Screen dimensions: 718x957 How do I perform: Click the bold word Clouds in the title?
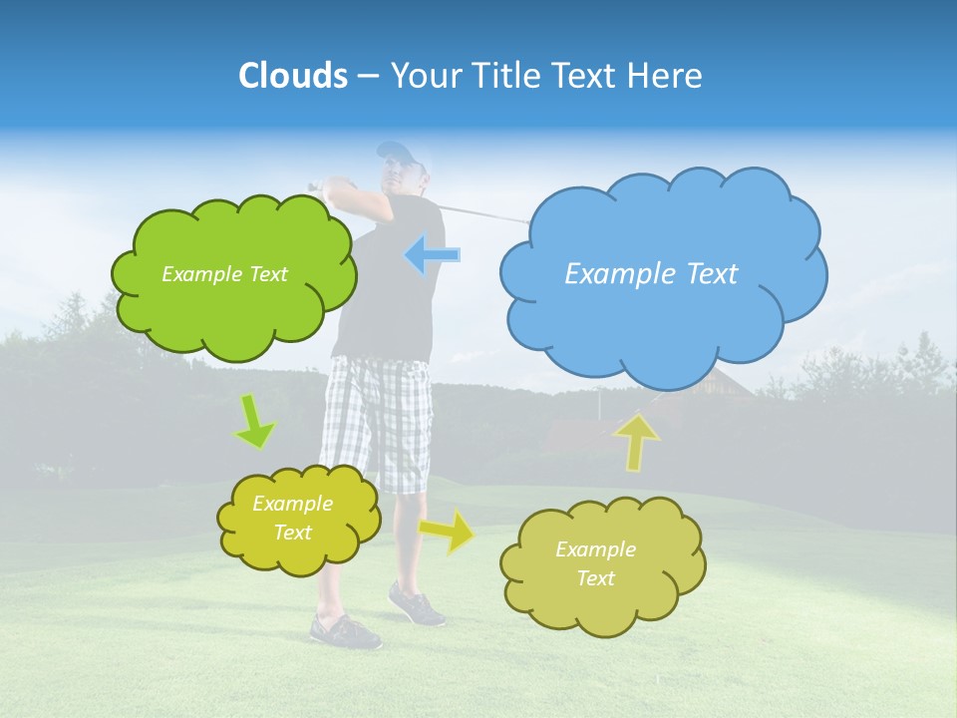point(293,76)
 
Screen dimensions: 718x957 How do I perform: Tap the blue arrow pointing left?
point(432,255)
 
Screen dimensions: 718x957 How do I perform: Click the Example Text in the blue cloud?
point(651,274)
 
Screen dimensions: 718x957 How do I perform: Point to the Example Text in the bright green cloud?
point(224,274)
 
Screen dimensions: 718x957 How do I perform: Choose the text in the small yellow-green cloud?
point(292,519)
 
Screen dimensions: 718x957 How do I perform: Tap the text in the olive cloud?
point(595,564)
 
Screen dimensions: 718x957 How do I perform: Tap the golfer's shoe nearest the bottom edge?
point(344,631)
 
